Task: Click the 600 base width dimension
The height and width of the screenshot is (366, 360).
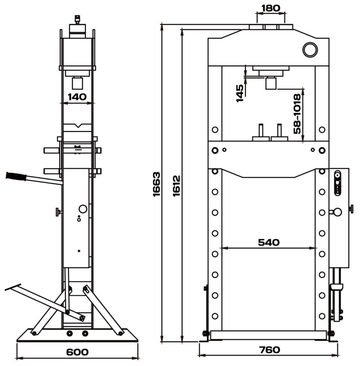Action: click(77, 352)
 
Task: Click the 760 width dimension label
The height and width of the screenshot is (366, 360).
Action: click(269, 350)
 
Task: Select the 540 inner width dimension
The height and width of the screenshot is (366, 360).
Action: click(269, 242)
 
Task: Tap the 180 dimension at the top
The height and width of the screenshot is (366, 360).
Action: click(271, 8)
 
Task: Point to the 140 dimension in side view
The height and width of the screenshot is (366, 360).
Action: click(77, 96)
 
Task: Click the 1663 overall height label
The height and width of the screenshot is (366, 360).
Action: click(157, 185)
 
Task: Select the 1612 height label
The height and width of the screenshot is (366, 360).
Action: click(176, 186)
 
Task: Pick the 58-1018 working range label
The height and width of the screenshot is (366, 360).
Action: click(297, 114)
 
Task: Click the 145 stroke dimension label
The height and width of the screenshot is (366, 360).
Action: click(240, 93)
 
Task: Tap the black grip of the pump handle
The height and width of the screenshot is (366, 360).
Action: click(16, 176)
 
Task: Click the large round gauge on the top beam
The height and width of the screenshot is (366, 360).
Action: click(310, 49)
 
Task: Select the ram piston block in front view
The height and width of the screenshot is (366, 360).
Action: click(271, 83)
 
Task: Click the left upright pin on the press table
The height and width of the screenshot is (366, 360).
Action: click(261, 130)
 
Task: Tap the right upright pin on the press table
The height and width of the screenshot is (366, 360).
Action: click(279, 130)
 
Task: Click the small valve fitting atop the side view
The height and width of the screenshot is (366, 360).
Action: click(77, 20)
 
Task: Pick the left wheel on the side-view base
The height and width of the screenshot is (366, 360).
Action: click(69, 333)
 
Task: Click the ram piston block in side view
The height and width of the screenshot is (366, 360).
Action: click(77, 83)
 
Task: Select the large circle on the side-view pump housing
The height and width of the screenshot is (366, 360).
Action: click(83, 209)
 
